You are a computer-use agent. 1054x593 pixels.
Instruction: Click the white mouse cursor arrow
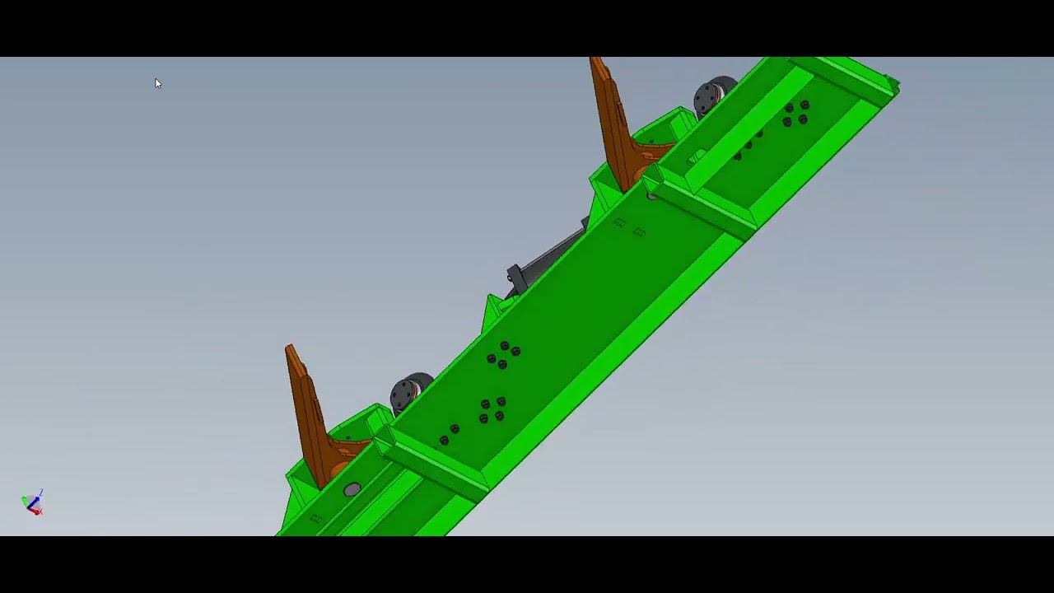157,83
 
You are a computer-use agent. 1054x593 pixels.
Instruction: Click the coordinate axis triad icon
33,502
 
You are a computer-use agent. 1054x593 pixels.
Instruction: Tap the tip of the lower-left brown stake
290,349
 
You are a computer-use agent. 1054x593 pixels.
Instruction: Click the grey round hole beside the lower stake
352,490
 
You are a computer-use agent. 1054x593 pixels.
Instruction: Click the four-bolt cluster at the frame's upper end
795,114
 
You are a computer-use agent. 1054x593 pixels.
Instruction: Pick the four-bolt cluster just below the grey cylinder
503,355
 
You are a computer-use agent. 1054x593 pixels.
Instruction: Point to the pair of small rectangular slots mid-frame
629,227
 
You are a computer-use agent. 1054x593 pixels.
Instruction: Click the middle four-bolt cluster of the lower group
492,410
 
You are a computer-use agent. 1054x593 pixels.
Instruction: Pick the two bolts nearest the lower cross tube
450,434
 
